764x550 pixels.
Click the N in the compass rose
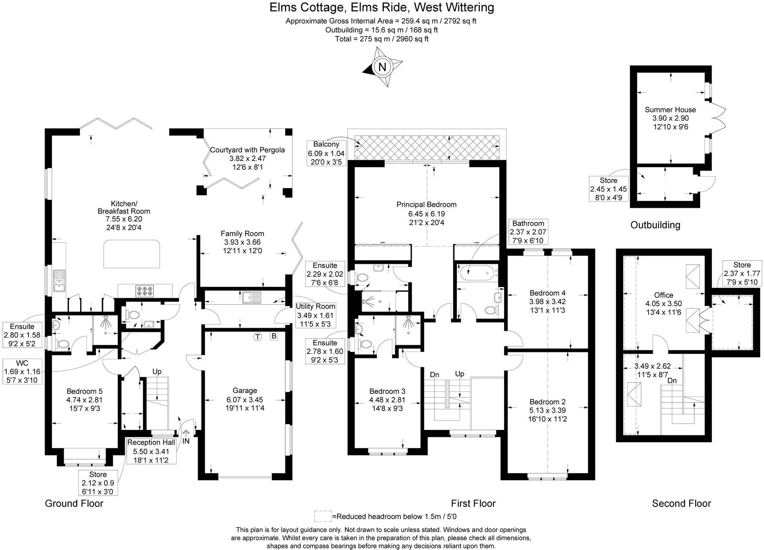(382, 67)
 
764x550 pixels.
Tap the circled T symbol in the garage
(257, 336)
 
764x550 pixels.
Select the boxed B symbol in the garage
(274, 336)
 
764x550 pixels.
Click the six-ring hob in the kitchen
(144, 290)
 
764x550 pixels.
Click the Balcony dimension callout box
(326, 153)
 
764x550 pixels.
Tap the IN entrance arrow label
(186, 441)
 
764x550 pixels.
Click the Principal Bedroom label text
(426, 204)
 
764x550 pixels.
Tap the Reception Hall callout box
(151, 451)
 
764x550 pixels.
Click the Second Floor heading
(681, 503)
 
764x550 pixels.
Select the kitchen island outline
(132, 254)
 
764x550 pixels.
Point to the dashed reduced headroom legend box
(323, 516)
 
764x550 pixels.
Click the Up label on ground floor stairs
(157, 371)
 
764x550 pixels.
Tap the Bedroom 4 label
(547, 293)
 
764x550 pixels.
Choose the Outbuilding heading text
(655, 225)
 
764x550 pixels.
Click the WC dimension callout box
(22, 371)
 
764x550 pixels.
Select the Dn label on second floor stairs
(672, 380)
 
